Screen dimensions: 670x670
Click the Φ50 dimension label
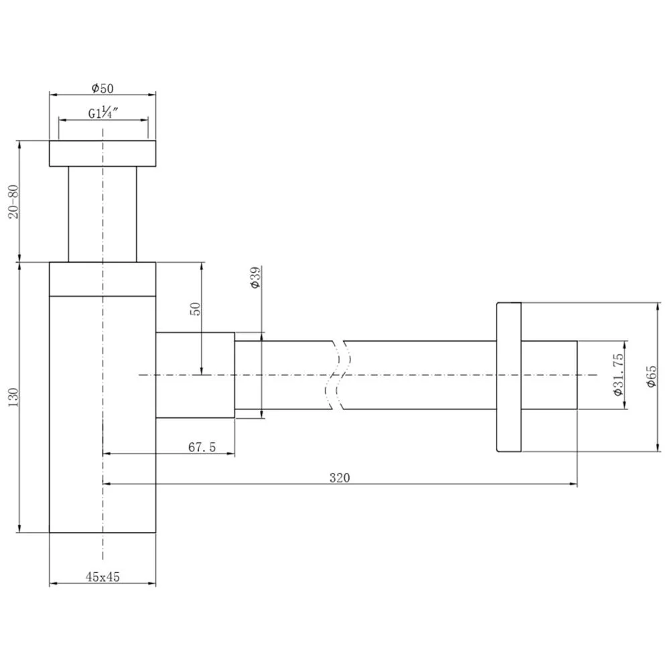pos(102,88)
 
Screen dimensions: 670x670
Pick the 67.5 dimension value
pos(202,447)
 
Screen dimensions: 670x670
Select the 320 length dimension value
pos(340,477)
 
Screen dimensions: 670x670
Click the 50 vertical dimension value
pos(195,310)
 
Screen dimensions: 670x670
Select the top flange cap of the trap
pos(102,153)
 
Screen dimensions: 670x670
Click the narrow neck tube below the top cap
pos(102,214)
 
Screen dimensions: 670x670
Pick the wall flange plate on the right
pos(508,376)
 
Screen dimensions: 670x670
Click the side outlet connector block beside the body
pos(195,375)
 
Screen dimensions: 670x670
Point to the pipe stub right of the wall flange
pos(549,375)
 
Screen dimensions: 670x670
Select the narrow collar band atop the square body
pos(102,278)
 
